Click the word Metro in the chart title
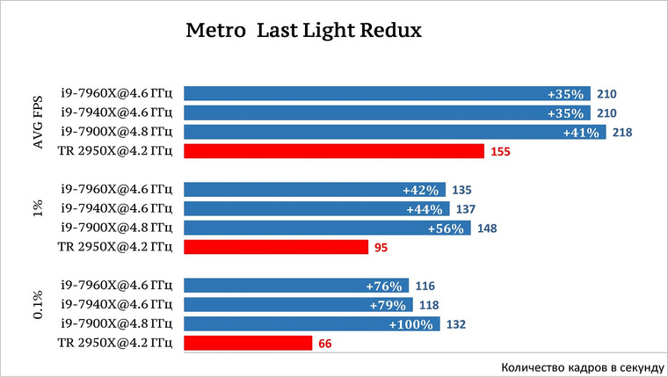click(x=215, y=31)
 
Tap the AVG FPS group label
click(x=39, y=123)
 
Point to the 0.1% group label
click(x=39, y=305)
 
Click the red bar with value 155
click(x=334, y=151)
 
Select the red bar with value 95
click(x=276, y=247)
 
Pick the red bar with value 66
click(x=248, y=343)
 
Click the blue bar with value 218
click(x=395, y=132)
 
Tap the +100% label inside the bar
click(x=411, y=324)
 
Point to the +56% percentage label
click(x=446, y=228)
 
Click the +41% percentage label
click(x=581, y=133)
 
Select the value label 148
click(x=487, y=228)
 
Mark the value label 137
click(x=466, y=209)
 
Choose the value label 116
click(x=425, y=286)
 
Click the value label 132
click(x=456, y=324)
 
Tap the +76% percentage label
click(x=384, y=286)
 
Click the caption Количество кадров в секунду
click(x=583, y=367)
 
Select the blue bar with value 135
click(x=315, y=190)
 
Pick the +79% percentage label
click(x=388, y=306)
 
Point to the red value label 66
click(x=325, y=344)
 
